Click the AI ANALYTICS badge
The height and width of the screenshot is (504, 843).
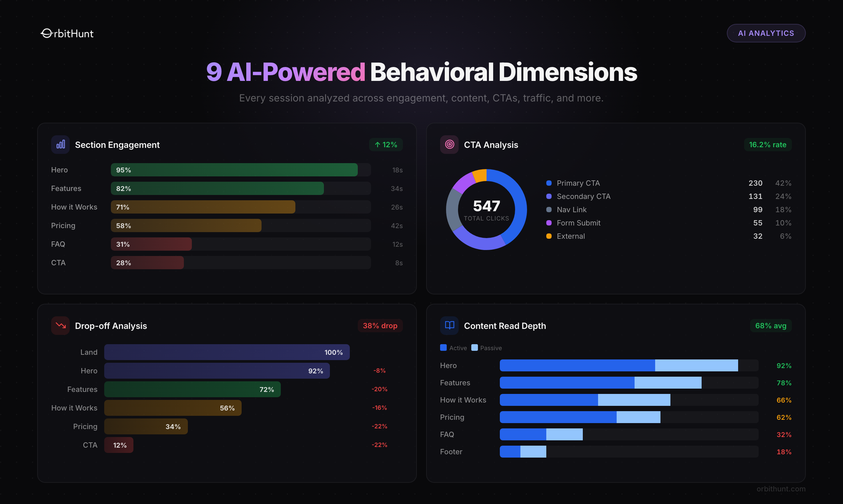point(766,33)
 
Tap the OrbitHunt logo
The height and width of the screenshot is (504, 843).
point(67,33)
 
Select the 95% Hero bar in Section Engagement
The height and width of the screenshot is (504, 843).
point(234,170)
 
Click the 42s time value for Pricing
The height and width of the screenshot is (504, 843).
point(396,226)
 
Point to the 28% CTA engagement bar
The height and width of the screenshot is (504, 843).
point(147,263)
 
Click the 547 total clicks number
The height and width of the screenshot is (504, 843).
point(487,206)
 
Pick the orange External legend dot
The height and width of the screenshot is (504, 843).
point(549,236)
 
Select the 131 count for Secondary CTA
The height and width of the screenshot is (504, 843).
point(755,197)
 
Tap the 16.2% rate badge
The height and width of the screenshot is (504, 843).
point(768,145)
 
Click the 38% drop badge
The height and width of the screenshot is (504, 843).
point(380,326)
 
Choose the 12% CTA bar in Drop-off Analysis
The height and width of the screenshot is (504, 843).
point(118,445)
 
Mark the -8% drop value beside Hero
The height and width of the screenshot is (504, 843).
point(379,370)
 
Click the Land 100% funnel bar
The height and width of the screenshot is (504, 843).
point(227,352)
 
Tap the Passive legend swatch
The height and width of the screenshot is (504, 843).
point(475,347)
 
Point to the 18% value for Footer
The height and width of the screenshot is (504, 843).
point(784,452)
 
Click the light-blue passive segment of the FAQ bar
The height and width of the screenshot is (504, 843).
point(564,434)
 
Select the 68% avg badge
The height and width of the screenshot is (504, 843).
point(771,326)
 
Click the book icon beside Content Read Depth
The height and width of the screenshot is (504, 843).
point(449,325)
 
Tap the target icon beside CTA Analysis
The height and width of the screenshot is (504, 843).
point(449,144)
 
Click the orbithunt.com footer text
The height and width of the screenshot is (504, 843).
point(781,489)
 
